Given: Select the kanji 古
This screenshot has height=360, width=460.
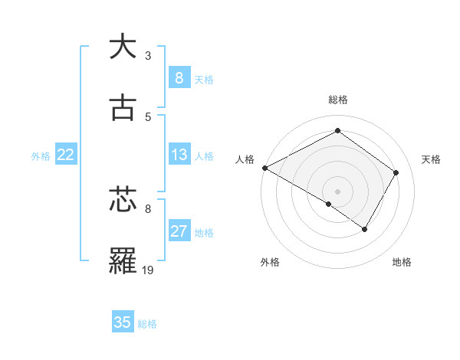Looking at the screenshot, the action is click(x=123, y=108).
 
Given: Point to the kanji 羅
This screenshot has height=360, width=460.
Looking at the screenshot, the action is click(x=123, y=261).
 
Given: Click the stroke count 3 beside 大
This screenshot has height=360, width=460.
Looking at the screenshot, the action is click(x=148, y=55).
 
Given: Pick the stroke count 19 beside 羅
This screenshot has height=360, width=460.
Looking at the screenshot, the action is click(x=148, y=270).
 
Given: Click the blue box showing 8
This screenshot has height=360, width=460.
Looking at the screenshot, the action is click(x=179, y=78).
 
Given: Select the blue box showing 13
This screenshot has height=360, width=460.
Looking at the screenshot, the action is click(x=179, y=155).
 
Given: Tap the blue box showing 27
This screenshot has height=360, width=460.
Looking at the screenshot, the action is click(x=179, y=231).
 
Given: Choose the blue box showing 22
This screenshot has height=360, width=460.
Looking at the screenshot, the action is click(x=66, y=155).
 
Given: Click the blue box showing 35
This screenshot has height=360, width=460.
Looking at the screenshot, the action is click(x=123, y=322).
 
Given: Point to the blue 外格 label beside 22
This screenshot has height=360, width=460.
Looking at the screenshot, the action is click(x=41, y=156).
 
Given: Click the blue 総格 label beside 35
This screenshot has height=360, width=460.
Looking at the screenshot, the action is click(x=147, y=324).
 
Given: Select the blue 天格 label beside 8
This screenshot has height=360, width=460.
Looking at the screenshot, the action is click(x=204, y=80).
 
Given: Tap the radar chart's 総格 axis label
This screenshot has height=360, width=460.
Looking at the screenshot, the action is click(x=338, y=100).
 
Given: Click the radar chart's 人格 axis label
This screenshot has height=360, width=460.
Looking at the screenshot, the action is click(x=245, y=159).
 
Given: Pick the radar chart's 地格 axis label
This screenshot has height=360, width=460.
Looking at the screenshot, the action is click(x=402, y=262).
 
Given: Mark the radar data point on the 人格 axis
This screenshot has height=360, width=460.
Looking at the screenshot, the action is click(x=264, y=168).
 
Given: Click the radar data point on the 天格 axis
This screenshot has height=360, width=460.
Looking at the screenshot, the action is click(x=396, y=172).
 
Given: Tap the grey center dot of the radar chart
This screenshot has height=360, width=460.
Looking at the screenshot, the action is click(x=337, y=191).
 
